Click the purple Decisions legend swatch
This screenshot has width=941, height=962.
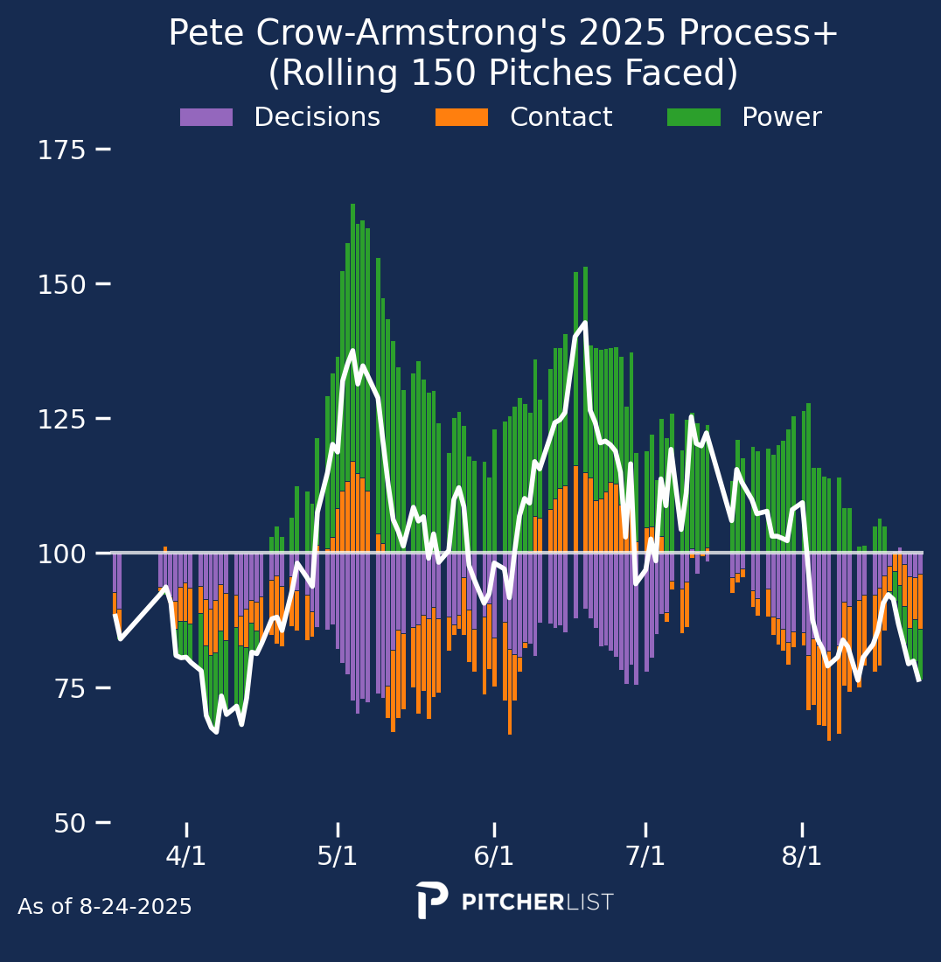pos(206,117)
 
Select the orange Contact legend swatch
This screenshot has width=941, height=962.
pos(462,117)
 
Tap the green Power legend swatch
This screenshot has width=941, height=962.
pos(694,117)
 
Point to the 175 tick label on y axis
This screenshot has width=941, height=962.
pos(61,150)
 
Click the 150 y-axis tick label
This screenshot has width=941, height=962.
pos(61,285)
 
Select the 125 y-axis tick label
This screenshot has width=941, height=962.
pos(61,420)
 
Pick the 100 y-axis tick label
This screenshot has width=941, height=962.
pos(61,554)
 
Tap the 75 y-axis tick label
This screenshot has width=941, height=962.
pos(61,689)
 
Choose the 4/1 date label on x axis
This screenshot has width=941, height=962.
pos(186,856)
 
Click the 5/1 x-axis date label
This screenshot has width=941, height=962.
pos(338,856)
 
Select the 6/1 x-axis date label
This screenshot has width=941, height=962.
pos(494,856)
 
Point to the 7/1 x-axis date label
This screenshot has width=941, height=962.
pos(645,856)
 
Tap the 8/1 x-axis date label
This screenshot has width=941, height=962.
pos(802,856)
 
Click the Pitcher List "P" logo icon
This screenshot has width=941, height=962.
pos(431,900)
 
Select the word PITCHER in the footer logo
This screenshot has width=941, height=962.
pos(512,903)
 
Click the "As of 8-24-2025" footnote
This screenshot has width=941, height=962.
pos(105,907)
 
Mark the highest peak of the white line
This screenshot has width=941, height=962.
pos(584,323)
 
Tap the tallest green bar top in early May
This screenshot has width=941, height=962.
pos(352,206)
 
